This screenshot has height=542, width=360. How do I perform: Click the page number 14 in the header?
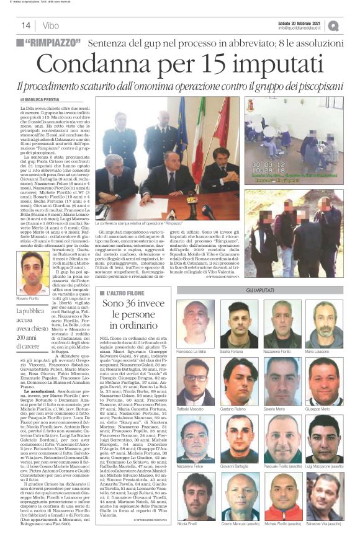point(27,25)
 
